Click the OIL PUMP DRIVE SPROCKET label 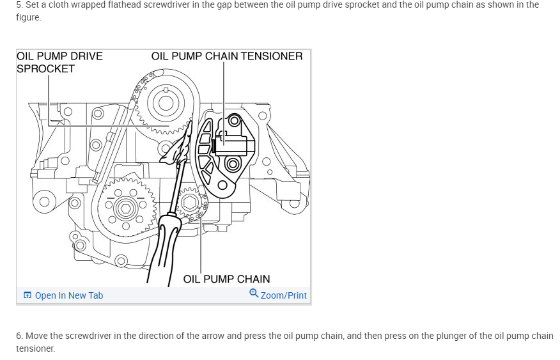coord(59,62)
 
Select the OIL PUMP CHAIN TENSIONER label coord(227,56)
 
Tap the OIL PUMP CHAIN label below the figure coord(226,279)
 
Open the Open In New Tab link coord(68,295)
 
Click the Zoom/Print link coord(283,295)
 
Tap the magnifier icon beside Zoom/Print coord(254,293)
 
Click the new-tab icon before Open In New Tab coord(27,295)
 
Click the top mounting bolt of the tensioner coord(234,120)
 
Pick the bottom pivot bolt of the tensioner coord(223,186)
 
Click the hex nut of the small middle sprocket coord(190,203)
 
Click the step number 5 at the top coord(19,4)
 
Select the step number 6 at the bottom coord(20,336)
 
